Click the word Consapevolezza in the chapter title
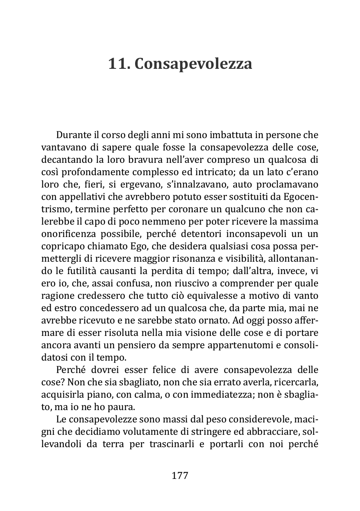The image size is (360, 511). pyautogui.click(x=193, y=64)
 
